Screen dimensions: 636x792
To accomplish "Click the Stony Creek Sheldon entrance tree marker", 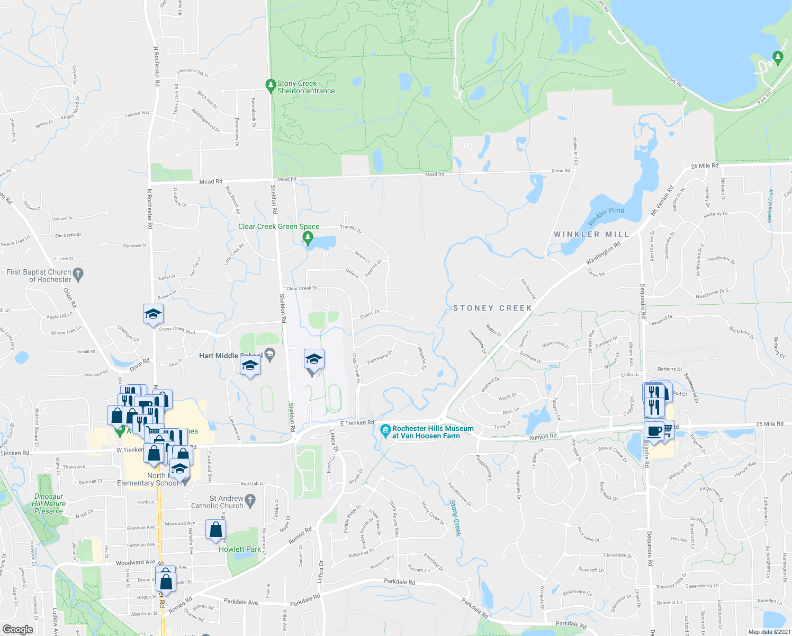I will point(271,85).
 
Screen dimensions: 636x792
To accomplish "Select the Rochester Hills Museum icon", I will point(385,429).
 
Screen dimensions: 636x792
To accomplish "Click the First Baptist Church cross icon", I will point(78,274).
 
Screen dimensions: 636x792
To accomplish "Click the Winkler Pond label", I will point(606,216).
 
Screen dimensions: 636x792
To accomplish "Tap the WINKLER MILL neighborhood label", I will point(591,234).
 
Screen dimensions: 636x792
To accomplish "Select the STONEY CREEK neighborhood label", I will point(492,308).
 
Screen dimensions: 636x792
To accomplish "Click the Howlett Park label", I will point(240,549).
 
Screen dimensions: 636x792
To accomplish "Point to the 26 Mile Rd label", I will point(705,166).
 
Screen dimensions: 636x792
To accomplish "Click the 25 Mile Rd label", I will point(770,424).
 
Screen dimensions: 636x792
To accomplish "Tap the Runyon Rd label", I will point(543,437).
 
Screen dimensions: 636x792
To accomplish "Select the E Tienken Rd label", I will point(357,423).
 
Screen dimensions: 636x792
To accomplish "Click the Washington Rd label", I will point(603,254).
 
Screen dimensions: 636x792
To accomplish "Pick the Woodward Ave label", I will point(136,562).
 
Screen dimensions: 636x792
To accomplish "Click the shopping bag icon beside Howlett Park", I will point(215,529).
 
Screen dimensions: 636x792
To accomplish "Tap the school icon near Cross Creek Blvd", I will point(153,314).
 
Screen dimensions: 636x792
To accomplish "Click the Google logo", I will point(18,630).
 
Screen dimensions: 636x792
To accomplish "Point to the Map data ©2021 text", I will point(769,632).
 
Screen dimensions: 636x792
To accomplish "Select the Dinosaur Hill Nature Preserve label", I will point(49,504).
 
